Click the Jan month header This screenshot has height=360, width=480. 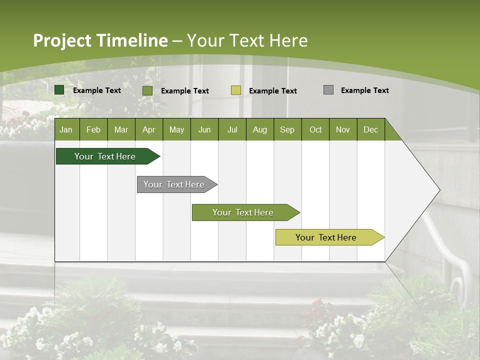[66, 129]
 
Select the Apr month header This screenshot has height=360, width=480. [148, 129]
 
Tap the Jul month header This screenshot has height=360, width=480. [232, 129]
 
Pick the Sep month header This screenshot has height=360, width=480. [287, 129]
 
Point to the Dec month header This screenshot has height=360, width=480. [370, 129]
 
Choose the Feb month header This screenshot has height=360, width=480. [93, 129]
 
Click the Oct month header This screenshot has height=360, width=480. [315, 129]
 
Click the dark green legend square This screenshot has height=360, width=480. [59, 90]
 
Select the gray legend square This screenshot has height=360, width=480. [328, 90]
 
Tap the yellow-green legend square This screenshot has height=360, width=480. [236, 90]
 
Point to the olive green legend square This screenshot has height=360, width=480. [147, 90]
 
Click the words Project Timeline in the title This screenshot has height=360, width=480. [100, 40]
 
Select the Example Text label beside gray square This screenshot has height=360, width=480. [364, 90]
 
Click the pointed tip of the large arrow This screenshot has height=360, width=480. [438, 190]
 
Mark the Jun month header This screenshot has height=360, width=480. [204, 129]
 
